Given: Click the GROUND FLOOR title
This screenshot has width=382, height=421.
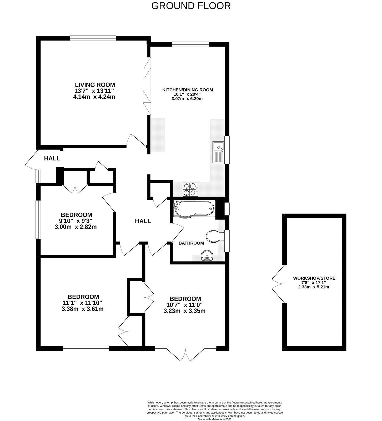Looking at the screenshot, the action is click(191, 6).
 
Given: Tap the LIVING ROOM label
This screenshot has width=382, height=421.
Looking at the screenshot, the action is click(95, 85).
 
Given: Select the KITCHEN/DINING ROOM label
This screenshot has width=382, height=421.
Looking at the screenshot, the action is click(188, 90).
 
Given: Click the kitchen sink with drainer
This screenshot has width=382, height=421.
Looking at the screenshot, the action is click(218, 152).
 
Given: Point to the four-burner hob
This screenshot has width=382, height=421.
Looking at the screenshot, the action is click(190, 189).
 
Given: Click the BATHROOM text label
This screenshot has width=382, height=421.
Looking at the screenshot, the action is click(191, 243).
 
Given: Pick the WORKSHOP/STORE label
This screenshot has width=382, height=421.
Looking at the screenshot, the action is click(314, 278).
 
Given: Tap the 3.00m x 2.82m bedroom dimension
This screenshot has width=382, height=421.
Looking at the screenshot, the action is click(76, 227).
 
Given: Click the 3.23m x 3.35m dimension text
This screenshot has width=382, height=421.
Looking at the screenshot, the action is click(184, 311).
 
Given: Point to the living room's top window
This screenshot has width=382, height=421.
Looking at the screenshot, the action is click(93, 38).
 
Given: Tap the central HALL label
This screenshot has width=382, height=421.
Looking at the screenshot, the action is click(143, 221).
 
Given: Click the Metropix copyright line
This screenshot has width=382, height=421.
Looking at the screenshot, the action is click(215, 419).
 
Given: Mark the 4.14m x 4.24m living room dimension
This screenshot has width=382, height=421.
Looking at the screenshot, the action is click(94, 97).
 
